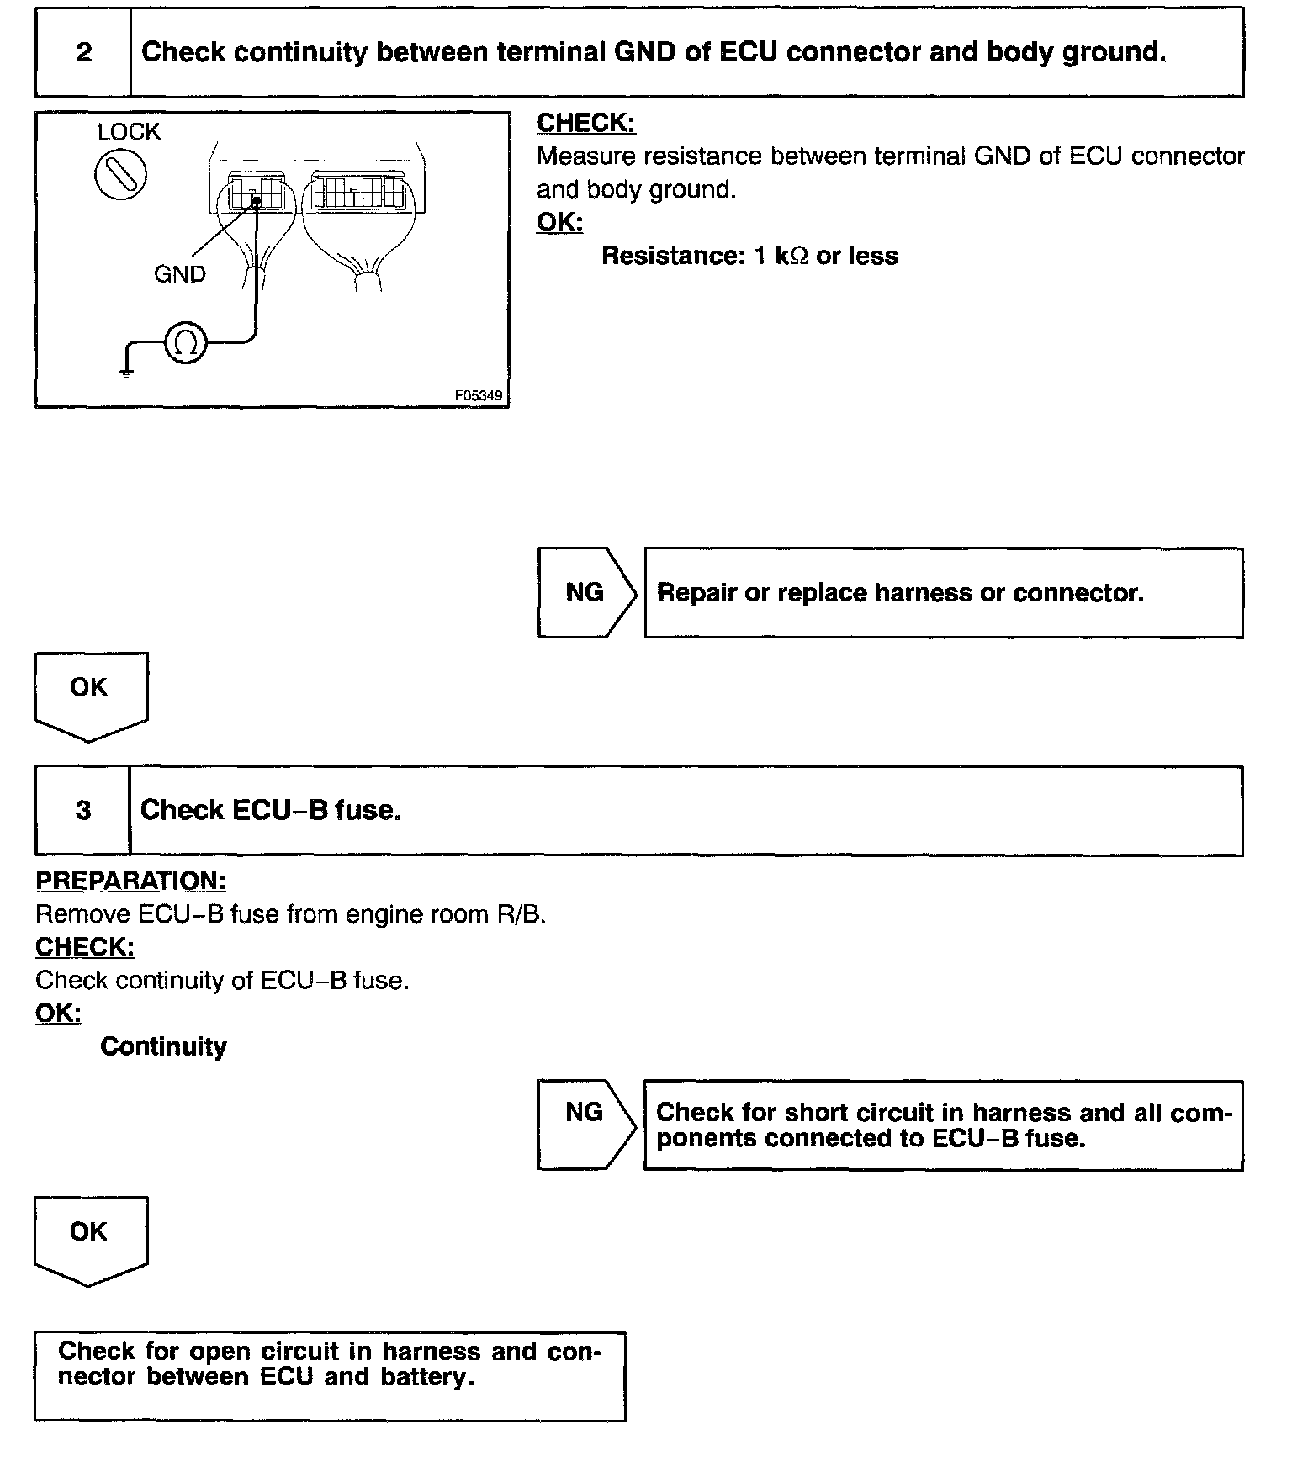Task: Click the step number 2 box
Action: [83, 53]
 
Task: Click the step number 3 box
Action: [83, 811]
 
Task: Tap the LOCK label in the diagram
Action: [128, 132]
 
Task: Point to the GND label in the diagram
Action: [179, 274]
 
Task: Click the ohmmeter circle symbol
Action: [185, 342]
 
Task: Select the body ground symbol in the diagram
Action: [126, 370]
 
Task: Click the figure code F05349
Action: [480, 394]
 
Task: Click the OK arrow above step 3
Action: [90, 695]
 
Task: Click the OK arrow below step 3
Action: [90, 1239]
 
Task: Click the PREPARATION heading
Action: [130, 881]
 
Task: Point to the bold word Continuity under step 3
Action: [163, 1047]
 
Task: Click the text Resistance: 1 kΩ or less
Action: [749, 256]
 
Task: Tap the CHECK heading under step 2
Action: [586, 123]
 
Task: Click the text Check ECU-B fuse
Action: [270, 811]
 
